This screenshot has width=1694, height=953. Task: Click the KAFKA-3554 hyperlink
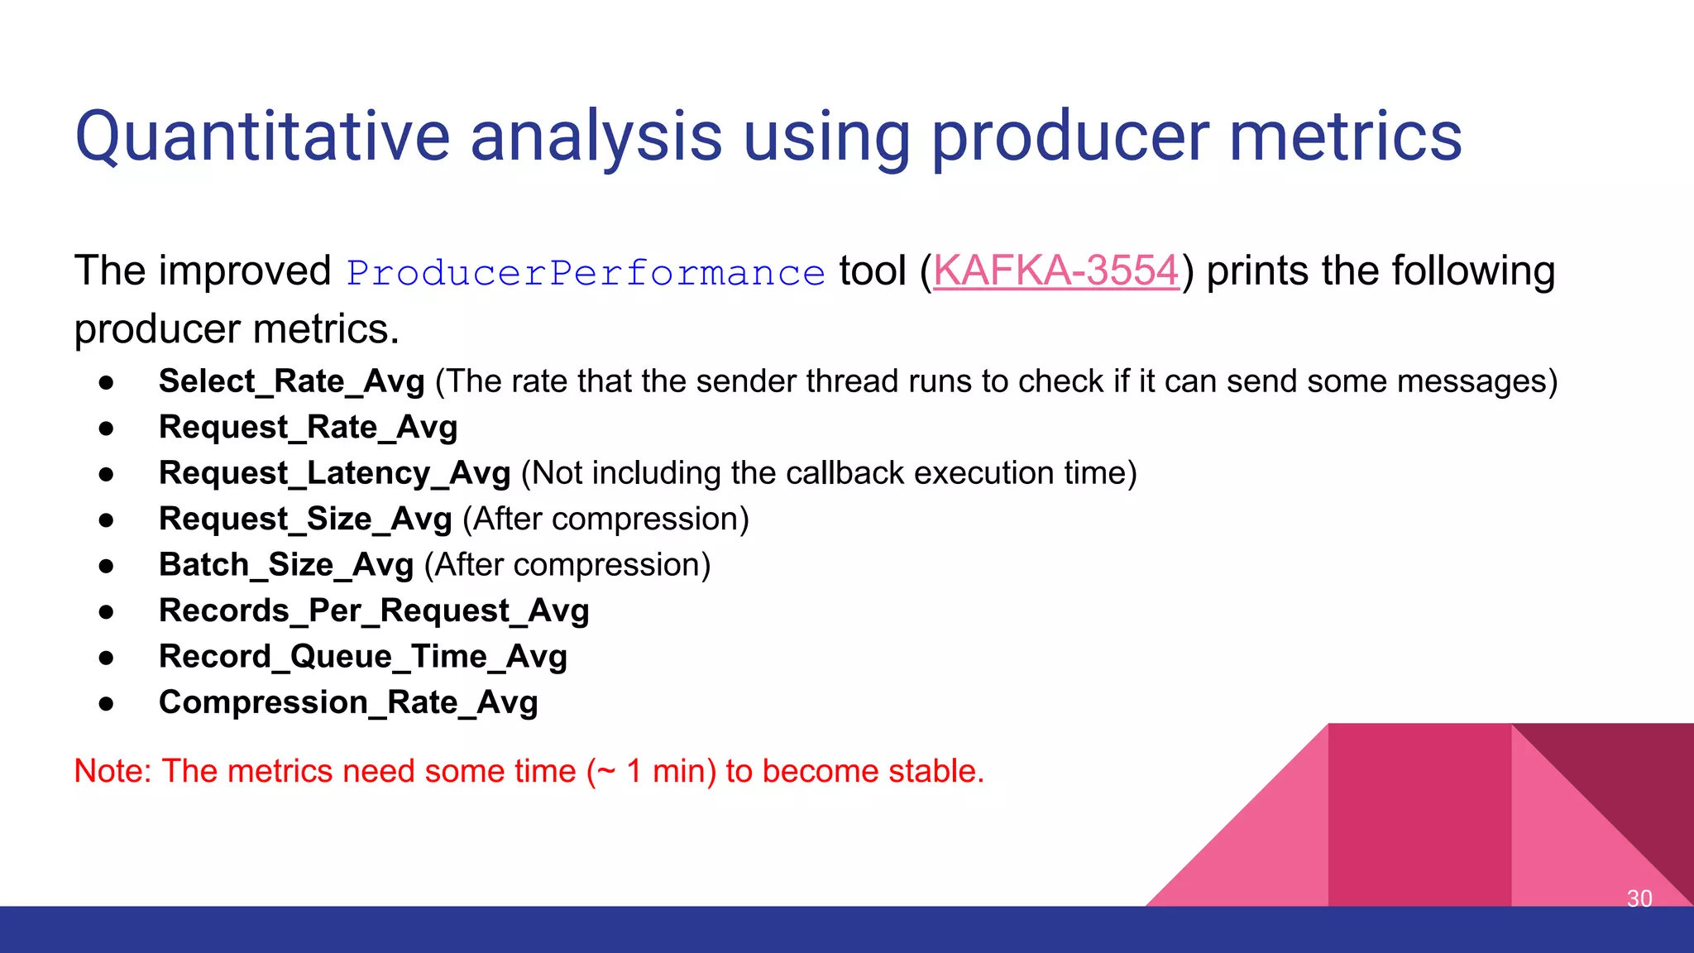[1055, 271]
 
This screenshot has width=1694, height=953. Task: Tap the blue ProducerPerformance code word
[586, 273]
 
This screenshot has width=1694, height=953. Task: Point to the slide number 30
[1639, 898]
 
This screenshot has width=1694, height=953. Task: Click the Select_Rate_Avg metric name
[291, 381]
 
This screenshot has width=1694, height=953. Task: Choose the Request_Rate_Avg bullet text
[308, 428]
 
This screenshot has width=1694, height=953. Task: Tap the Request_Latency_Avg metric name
[334, 473]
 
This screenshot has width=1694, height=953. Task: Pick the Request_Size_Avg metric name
[305, 520]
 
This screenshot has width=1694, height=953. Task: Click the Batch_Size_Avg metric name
[285, 565]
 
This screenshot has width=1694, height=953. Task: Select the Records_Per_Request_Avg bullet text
[374, 611]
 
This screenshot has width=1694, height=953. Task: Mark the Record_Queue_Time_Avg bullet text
[362, 657]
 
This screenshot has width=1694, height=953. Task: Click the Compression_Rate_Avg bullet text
[348, 702]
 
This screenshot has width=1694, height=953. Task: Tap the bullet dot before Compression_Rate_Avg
[106, 704]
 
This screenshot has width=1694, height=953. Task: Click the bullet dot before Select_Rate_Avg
[106, 383]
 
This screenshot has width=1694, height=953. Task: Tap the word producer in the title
[1069, 136]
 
